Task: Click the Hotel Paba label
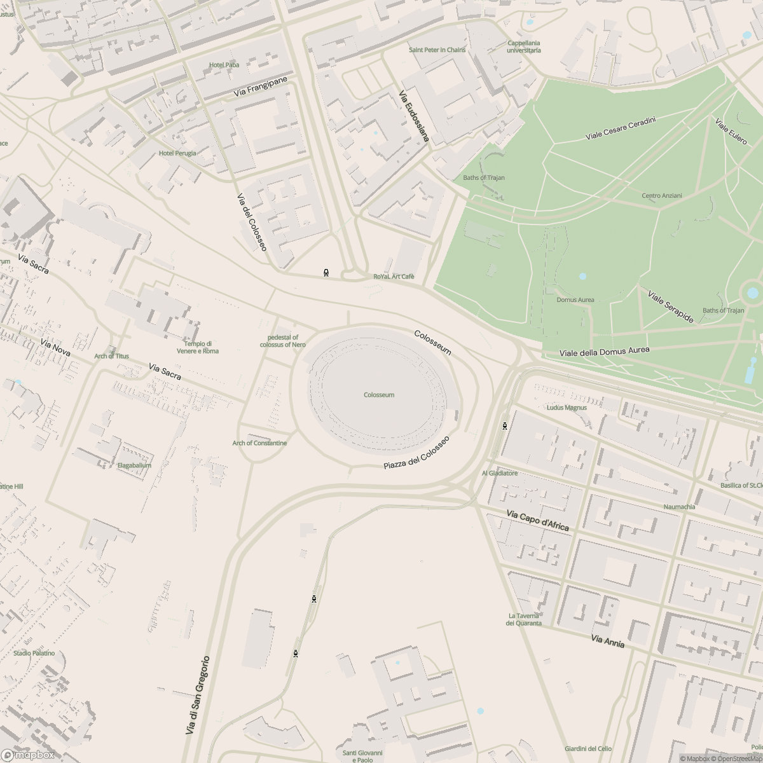224,65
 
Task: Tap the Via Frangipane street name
261,87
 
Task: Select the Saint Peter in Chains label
437,50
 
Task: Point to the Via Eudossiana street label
414,116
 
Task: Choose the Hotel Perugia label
177,153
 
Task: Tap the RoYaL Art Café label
394,277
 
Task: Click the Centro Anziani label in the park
661,196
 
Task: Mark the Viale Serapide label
670,306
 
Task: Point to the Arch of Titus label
111,356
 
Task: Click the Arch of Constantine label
259,443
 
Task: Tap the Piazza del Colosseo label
416,453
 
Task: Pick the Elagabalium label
134,465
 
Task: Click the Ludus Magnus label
567,408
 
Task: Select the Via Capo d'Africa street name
537,520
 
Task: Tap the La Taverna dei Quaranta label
524,619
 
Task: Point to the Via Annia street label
607,642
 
